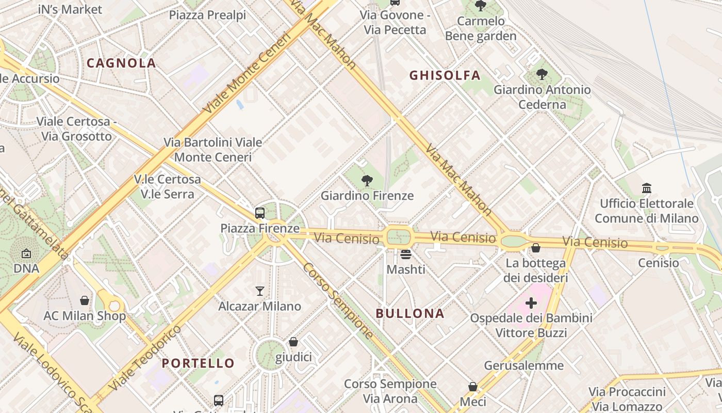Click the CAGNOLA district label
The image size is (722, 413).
[121, 63]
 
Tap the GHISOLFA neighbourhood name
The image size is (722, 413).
[445, 75]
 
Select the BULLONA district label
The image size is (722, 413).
[410, 313]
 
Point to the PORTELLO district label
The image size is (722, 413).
[198, 363]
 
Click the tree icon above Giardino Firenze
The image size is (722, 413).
[367, 180]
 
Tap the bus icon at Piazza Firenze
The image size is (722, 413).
[260, 213]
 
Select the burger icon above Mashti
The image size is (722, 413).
[406, 254]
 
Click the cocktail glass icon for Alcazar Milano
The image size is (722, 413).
[260, 291]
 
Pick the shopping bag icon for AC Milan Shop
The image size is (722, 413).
[85, 300]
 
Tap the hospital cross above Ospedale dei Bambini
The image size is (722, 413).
[531, 303]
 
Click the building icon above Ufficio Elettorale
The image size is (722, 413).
[647, 188]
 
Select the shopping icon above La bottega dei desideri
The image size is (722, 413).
[536, 248]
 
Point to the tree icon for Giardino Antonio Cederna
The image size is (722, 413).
[542, 74]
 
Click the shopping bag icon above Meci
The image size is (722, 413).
[472, 387]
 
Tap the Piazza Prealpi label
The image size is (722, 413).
[207, 15]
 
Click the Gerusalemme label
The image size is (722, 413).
[524, 366]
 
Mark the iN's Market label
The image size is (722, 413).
[70, 9]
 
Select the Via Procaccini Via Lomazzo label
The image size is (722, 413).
[627, 399]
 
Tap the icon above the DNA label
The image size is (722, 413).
[26, 253]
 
